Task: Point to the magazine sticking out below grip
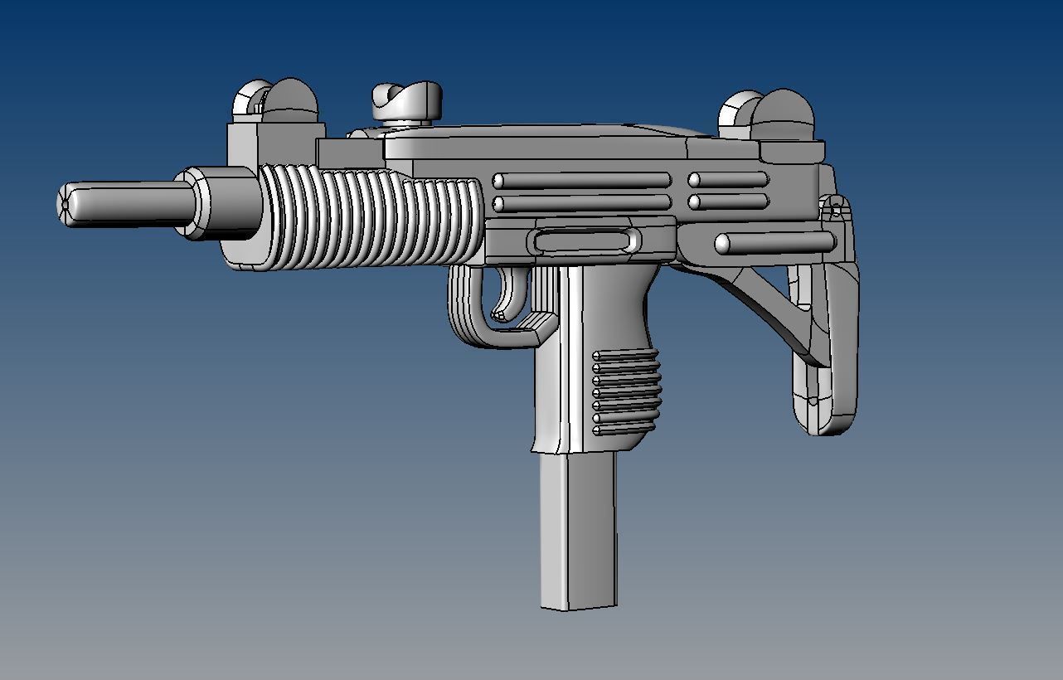pyautogui.click(x=579, y=531)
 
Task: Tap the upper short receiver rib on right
pyautogui.click(x=728, y=180)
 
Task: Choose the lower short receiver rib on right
pyautogui.click(x=728, y=202)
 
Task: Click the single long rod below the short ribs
pyautogui.click(x=774, y=243)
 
